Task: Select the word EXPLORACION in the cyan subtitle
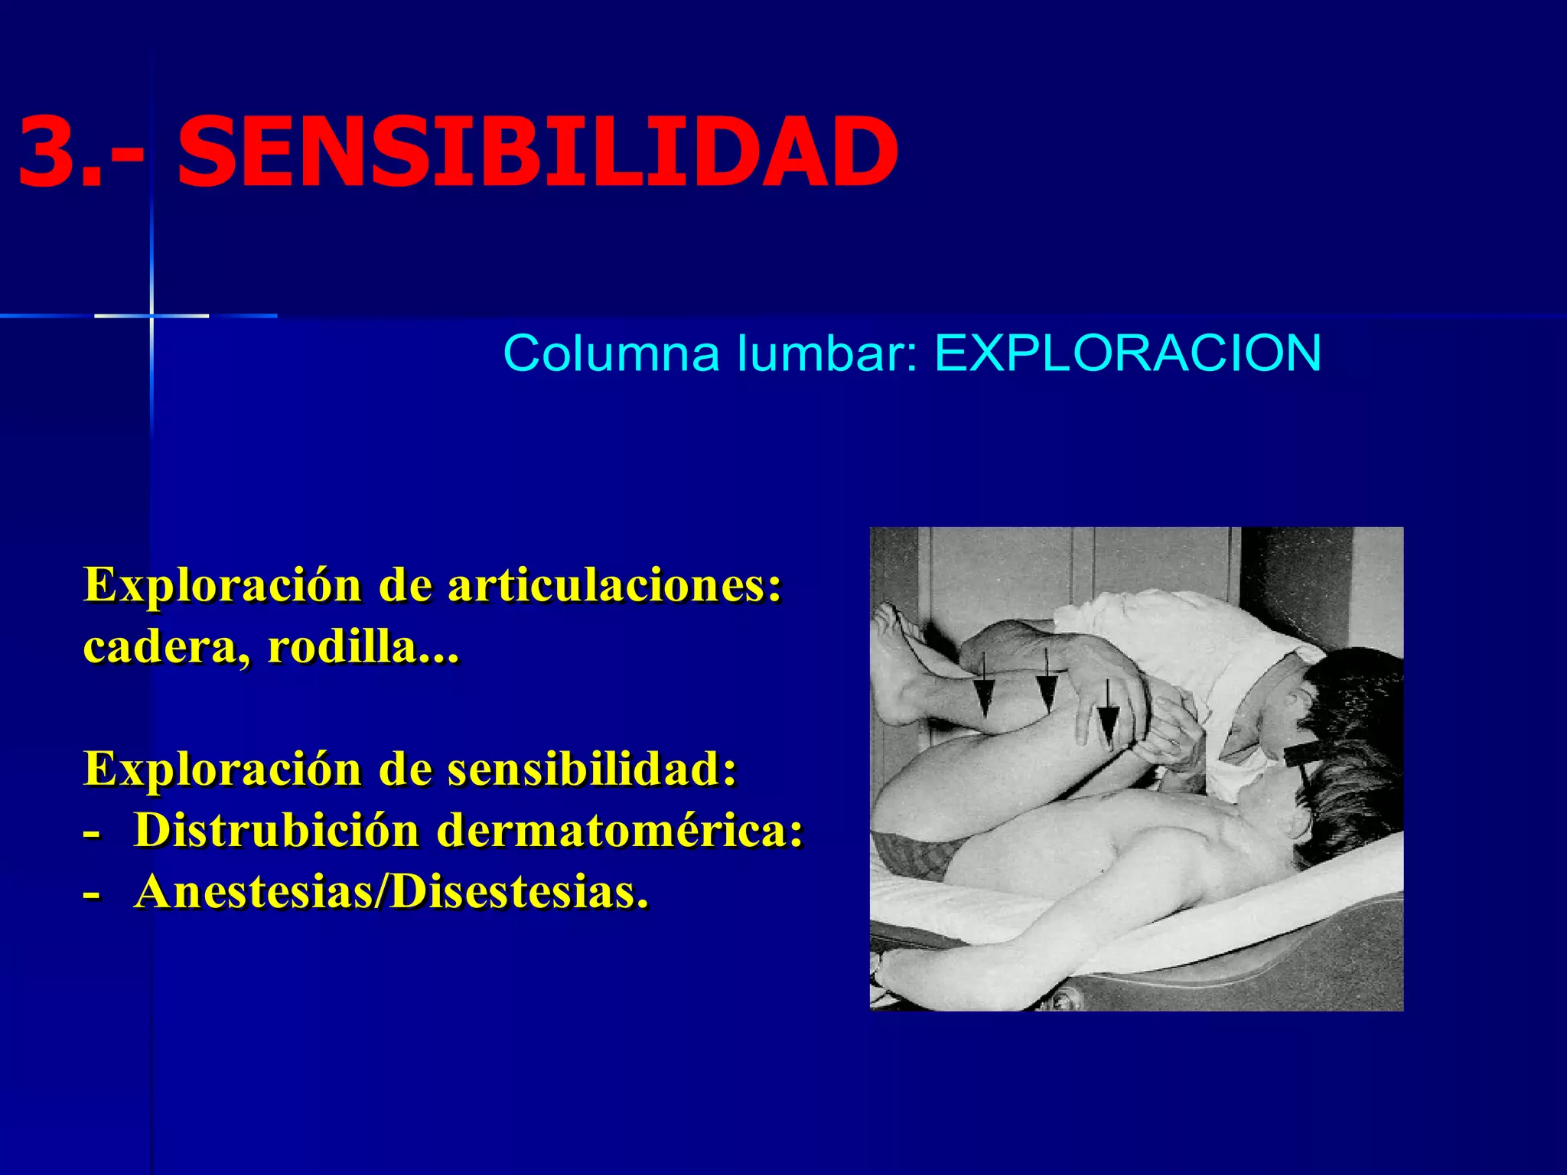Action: click(1128, 353)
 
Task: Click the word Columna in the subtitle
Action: click(611, 353)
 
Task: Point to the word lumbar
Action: click(825, 353)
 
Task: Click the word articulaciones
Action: click(614, 586)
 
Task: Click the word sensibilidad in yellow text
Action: click(591, 770)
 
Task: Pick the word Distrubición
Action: click(276, 831)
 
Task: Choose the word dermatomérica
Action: click(620, 831)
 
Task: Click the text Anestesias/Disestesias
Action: click(390, 892)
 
